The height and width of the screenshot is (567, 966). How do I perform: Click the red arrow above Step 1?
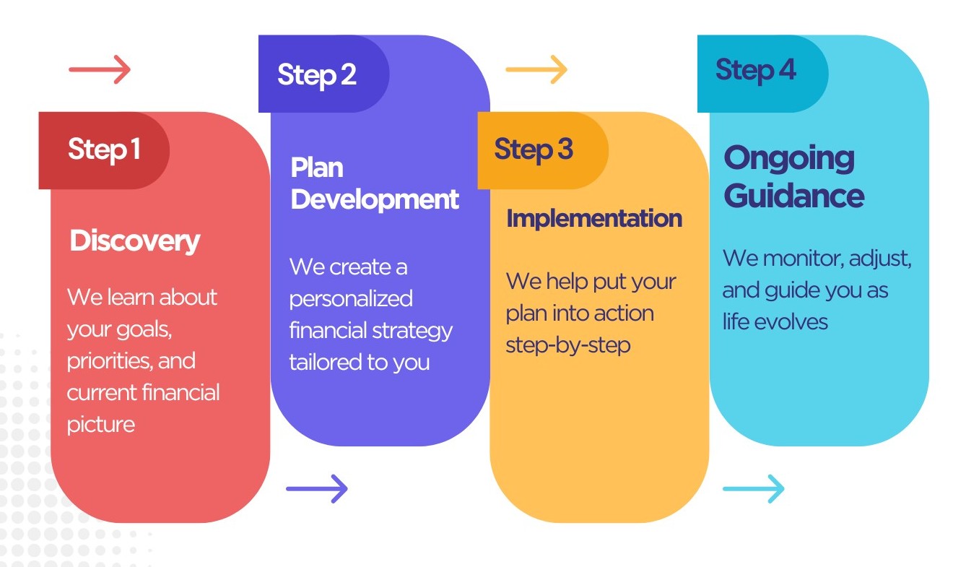coord(100,70)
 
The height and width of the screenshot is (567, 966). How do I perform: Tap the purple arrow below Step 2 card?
coord(317,489)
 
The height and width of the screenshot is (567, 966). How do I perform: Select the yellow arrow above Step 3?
coord(536,70)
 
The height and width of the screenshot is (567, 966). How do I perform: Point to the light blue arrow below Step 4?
coord(753,489)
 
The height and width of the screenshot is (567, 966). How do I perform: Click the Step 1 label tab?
coord(104,150)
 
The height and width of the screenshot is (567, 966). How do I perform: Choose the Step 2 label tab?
coord(317,74)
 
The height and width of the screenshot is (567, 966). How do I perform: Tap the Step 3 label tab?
coord(534,150)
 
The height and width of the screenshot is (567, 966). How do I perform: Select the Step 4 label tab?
coord(756,70)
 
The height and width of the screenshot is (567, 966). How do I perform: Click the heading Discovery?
coord(135,241)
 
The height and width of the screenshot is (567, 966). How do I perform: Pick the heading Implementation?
coord(594,218)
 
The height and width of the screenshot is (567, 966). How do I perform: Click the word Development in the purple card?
coord(375,199)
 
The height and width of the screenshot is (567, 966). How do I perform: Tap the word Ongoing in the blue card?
coord(789,159)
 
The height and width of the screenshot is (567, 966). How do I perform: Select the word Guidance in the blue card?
coord(794,196)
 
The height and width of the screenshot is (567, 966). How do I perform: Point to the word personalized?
coord(351,298)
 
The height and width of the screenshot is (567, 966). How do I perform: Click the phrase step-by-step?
coord(568,345)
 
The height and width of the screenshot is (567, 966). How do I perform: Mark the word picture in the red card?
coord(101,424)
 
